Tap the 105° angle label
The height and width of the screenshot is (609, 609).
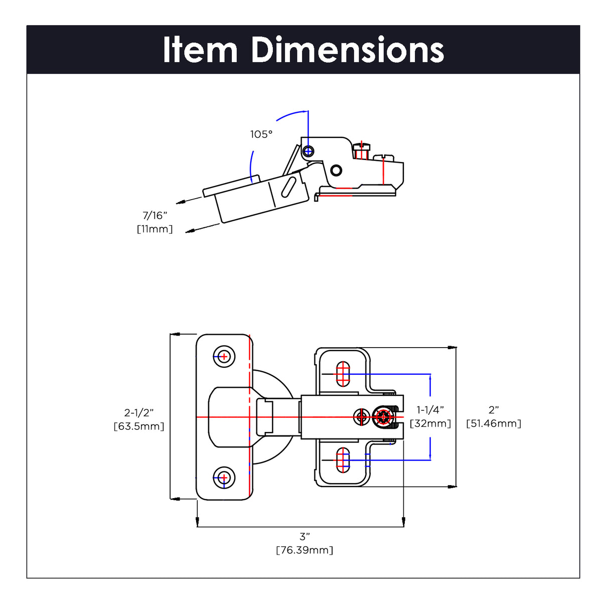click(x=261, y=134)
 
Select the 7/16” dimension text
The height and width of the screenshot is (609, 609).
click(x=155, y=216)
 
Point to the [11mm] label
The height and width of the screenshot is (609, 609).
click(x=155, y=229)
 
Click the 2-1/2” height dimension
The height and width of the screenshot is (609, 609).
click(x=139, y=413)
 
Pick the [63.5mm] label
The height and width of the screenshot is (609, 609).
click(x=139, y=426)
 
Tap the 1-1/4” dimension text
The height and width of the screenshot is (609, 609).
click(x=430, y=410)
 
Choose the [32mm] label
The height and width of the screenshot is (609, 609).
click(x=430, y=423)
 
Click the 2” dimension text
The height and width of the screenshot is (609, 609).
click(x=494, y=410)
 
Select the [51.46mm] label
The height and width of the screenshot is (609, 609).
click(x=494, y=423)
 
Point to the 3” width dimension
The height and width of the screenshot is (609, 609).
click(x=304, y=537)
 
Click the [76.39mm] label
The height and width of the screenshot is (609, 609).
click(x=304, y=550)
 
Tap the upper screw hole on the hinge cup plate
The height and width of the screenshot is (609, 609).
click(x=224, y=357)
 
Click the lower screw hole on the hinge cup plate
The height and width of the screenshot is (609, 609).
click(x=224, y=477)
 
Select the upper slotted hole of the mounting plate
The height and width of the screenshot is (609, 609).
click(x=343, y=374)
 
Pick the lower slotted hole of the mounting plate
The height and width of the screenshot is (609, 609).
click(x=343, y=460)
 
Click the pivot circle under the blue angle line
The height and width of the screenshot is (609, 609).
click(x=309, y=150)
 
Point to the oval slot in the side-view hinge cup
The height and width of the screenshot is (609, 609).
click(x=288, y=187)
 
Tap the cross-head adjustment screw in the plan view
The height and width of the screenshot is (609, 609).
click(x=384, y=417)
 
